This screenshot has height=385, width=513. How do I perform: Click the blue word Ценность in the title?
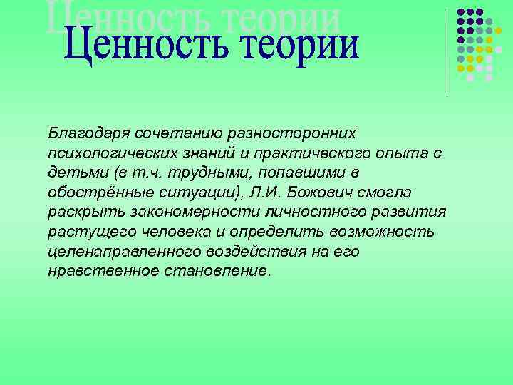138,45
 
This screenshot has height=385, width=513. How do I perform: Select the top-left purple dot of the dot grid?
461,12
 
